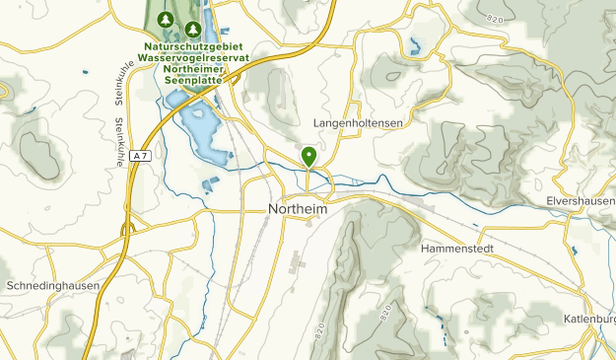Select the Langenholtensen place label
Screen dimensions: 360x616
(x=359, y=121)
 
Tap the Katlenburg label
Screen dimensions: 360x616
(x=590, y=319)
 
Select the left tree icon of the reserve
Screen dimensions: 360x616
(x=165, y=21)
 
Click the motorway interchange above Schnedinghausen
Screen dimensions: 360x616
(x=127, y=229)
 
